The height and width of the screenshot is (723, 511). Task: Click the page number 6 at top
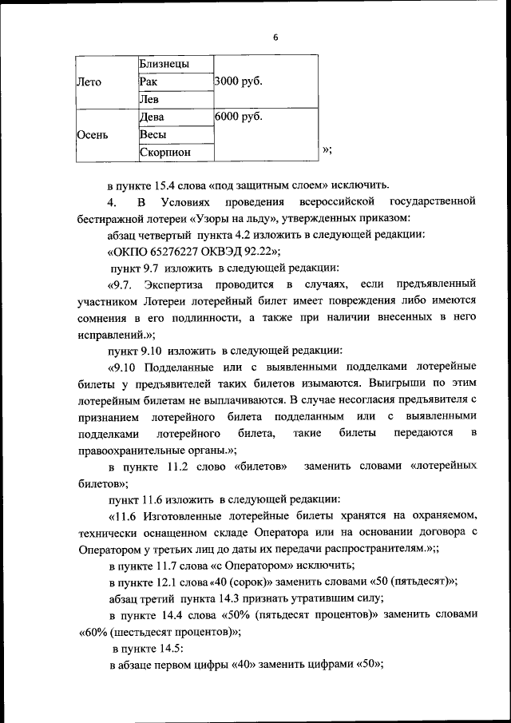(x=275, y=37)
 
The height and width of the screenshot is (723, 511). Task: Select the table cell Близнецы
(x=163, y=63)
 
